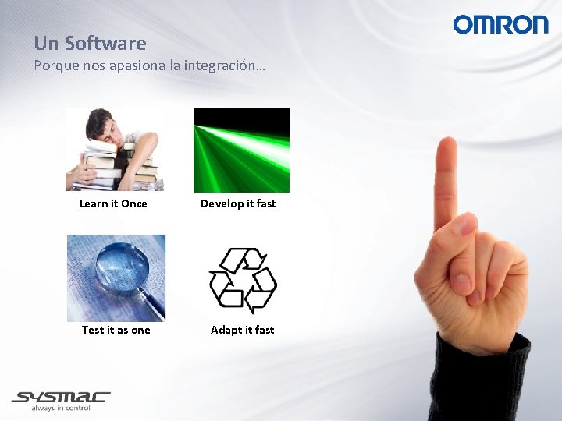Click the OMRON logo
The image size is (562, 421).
tap(500, 24)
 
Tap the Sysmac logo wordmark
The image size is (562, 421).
tap(61, 397)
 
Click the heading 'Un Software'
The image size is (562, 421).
tap(90, 43)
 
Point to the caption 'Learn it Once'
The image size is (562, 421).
tap(113, 203)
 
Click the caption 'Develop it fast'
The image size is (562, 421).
tap(238, 203)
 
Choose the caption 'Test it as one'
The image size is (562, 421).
tap(116, 330)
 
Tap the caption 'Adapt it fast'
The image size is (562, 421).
tap(242, 330)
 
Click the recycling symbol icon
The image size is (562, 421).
tap(242, 280)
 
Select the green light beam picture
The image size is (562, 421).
tap(241, 150)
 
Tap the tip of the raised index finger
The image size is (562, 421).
tap(446, 148)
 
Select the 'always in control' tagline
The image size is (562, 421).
tap(61, 409)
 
